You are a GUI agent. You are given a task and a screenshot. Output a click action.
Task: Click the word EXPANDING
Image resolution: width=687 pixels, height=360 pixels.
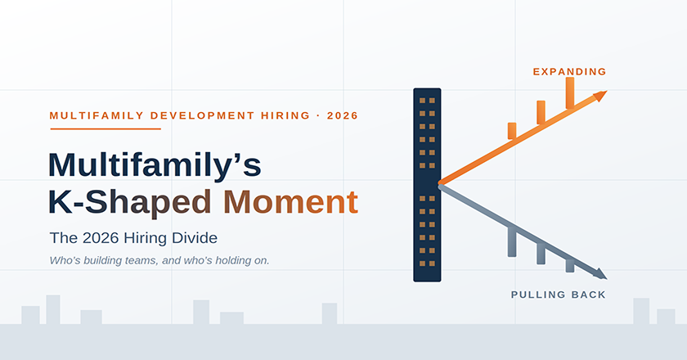click(x=569, y=71)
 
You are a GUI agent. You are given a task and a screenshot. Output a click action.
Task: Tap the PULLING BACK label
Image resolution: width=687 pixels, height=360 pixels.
click(x=558, y=295)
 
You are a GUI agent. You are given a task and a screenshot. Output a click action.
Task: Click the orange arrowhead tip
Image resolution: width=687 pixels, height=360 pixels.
click(x=607, y=91)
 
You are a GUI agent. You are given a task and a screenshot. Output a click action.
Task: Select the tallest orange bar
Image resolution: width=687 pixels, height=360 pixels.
click(x=570, y=93)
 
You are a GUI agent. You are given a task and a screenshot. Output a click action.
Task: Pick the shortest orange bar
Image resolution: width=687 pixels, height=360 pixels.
click(x=512, y=131)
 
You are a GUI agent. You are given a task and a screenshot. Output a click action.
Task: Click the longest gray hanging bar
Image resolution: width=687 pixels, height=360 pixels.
click(x=512, y=242)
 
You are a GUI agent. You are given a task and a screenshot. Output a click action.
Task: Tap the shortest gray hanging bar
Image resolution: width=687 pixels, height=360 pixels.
click(x=570, y=266)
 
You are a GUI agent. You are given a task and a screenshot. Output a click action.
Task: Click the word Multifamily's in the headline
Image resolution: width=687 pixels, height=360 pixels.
click(x=155, y=165)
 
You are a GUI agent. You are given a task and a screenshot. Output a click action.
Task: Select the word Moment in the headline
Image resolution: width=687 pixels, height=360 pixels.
click(x=291, y=202)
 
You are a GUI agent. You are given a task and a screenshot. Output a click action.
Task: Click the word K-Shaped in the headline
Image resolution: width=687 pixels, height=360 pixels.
click(x=130, y=203)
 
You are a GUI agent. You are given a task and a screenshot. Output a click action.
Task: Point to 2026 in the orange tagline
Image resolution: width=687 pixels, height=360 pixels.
click(x=343, y=115)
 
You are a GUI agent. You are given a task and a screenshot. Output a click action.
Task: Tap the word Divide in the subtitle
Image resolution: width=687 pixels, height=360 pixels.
click(x=200, y=237)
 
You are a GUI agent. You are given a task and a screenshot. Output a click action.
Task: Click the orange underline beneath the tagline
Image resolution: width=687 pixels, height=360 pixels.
click(x=106, y=129)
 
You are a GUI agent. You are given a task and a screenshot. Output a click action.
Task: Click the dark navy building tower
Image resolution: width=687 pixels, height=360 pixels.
click(x=427, y=185)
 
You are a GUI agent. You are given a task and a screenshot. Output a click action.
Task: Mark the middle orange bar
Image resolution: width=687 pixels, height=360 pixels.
click(x=541, y=113)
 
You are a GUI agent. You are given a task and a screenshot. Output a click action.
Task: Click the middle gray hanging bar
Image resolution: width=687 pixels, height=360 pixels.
click(x=541, y=254)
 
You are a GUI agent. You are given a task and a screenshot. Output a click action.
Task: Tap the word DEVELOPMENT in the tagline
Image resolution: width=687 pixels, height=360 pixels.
click(x=203, y=115)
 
